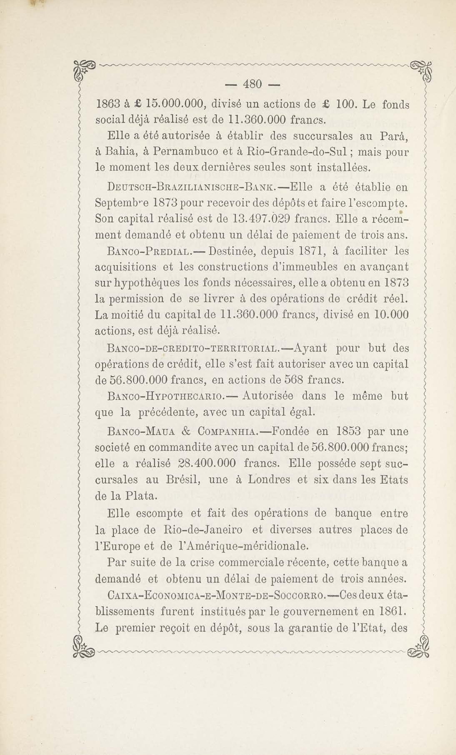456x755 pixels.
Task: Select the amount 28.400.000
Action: (x=207, y=463)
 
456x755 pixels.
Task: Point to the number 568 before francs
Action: (x=294, y=380)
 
